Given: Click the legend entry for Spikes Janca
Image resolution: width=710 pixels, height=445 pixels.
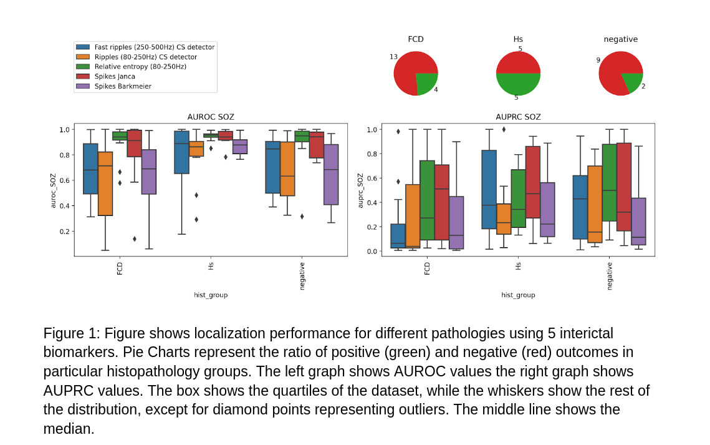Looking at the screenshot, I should pos(115,76).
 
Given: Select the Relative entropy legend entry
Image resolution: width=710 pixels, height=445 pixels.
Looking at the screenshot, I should pos(140,66).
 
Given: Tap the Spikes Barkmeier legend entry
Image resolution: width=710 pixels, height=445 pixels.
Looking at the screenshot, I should pos(123,86).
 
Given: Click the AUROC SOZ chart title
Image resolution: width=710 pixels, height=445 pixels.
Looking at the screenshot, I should pos(211,117).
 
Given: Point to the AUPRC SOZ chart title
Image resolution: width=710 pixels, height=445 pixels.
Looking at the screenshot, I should pos(518,117).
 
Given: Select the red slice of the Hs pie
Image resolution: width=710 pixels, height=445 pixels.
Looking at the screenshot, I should pos(518,62).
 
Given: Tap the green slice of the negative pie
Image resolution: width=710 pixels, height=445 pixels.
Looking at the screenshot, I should pos(633,81).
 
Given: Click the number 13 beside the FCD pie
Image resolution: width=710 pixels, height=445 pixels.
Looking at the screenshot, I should pos(393,57).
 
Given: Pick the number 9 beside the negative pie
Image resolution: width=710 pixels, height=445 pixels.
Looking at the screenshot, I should pos(598,60).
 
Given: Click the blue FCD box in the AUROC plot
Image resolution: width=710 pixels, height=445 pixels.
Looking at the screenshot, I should pos(90,169).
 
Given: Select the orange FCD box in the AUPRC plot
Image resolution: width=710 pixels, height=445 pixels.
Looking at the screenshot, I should pos(413,215).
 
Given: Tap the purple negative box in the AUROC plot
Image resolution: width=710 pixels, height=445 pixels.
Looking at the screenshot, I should pos(331,175).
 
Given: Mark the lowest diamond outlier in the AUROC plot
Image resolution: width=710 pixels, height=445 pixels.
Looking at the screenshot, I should pos(134,238).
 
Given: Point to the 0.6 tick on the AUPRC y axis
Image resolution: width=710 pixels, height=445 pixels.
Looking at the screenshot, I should pos(372,178).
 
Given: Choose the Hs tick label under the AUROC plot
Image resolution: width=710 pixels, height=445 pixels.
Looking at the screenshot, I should pos(211,265).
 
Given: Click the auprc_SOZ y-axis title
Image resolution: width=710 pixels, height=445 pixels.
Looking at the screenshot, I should pos(360,190).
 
